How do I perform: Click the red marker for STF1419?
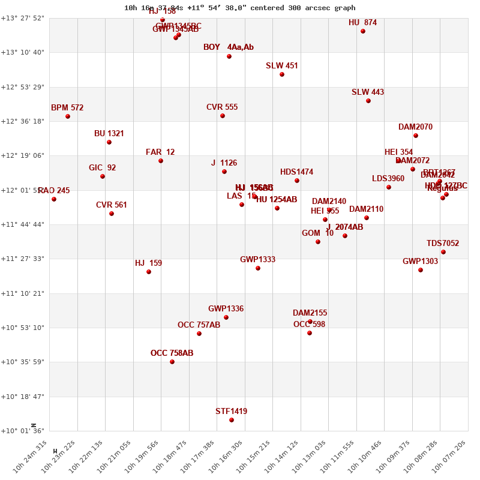pos(232,420)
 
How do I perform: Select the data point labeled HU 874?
pos(363,31)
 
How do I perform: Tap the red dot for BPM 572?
pos(68,116)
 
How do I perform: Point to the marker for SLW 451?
pos(282,74)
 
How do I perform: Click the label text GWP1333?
pos(257,260)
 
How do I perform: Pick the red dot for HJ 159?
pos(149,272)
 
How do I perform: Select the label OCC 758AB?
pos(172,353)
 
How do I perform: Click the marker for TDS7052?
pos(443,252)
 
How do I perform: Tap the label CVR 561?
pos(112,205)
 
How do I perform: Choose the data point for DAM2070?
pos(416,136)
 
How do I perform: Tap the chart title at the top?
pos(240,8)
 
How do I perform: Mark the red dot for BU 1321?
pos(109,142)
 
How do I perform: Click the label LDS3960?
pos(388,179)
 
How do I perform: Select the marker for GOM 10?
pos(318,242)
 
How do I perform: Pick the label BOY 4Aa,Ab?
pos(228,47)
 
